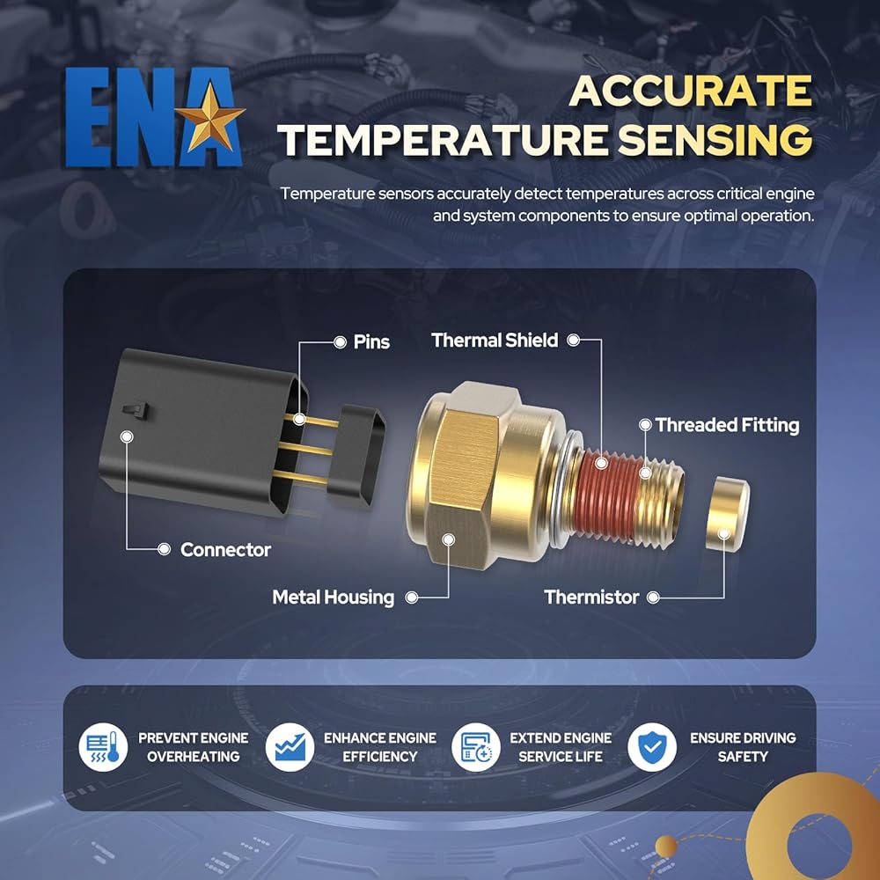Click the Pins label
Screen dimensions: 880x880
(x=371, y=341)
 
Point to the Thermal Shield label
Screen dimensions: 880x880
(x=495, y=341)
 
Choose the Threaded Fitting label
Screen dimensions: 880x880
(x=727, y=425)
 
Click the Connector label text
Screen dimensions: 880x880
(x=225, y=549)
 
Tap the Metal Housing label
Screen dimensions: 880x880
(x=333, y=597)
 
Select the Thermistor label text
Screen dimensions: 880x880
(x=591, y=597)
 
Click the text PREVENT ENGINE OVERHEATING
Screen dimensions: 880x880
(x=193, y=747)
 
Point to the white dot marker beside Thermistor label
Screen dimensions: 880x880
(x=653, y=597)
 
